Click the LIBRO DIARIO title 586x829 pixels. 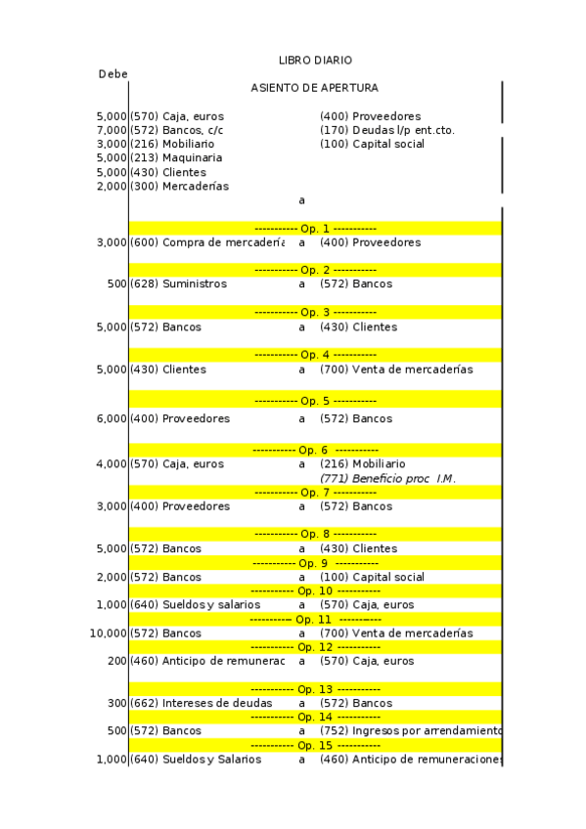[315, 61]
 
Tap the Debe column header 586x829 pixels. [113, 74]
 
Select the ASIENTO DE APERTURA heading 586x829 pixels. [314, 88]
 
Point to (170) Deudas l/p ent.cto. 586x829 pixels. [386, 130]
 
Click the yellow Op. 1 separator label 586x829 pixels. [315, 228]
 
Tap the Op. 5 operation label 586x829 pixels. [315, 401]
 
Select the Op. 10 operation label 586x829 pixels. [315, 591]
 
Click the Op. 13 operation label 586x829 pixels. [315, 689]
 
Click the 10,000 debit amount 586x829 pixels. [108, 633]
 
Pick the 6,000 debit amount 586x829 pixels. [112, 418]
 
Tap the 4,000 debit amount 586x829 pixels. [112, 463]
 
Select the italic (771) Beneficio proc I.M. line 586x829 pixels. [387, 478]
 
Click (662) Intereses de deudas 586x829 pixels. [202, 703]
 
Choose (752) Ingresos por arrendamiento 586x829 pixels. [411, 731]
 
